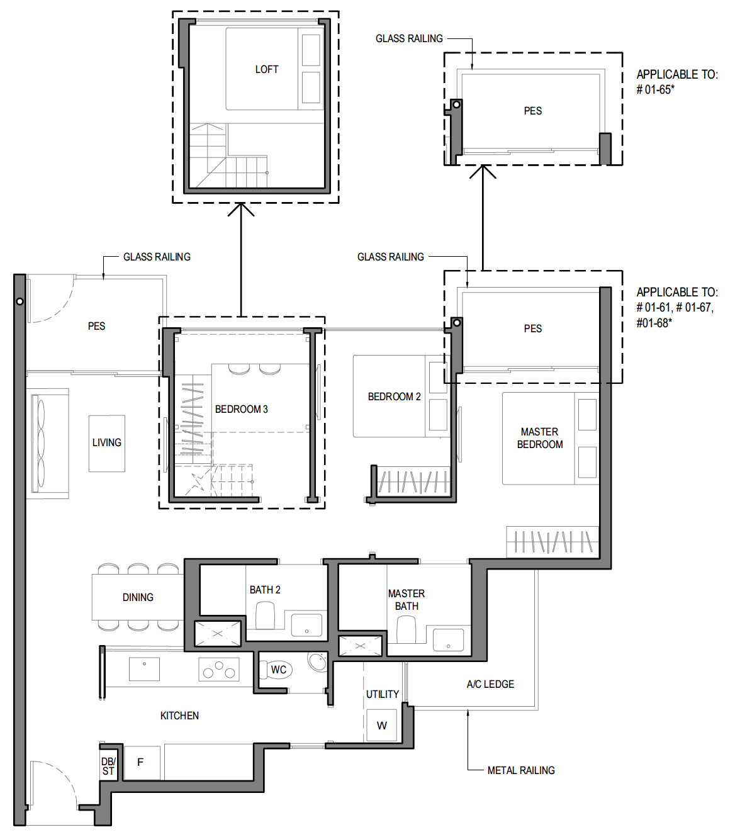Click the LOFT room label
267,69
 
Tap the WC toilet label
279,669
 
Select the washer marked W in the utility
382,725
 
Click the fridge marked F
142,763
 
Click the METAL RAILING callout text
521,770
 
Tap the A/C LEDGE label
490,684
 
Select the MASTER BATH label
406,600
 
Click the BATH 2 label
265,590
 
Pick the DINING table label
138,597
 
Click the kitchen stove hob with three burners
219,669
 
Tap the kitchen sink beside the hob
144,669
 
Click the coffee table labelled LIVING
106,443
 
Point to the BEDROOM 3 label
241,410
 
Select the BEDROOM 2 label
394,397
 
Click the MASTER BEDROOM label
540,439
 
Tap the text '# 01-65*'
655,89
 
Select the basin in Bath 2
306,625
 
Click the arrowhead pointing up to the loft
241,209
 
